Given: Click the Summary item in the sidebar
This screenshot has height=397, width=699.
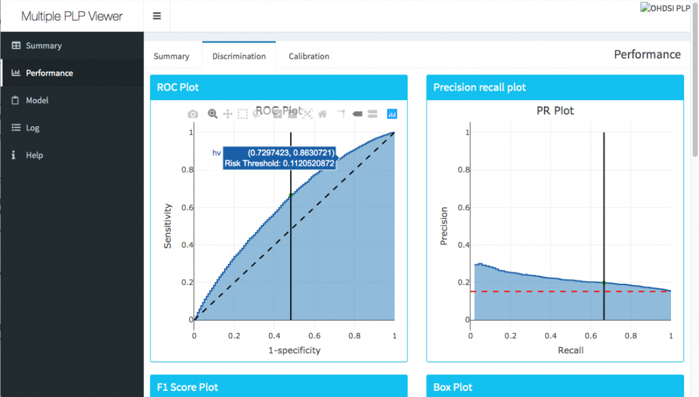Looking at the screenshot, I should [43, 46].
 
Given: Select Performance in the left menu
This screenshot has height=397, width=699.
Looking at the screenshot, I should [48, 73].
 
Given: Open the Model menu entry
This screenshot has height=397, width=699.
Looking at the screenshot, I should [37, 100].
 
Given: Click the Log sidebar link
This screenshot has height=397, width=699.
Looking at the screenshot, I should [32, 128].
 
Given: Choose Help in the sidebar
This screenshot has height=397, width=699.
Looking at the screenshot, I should [34, 155].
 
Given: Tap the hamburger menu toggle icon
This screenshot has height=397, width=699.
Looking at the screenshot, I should [157, 16].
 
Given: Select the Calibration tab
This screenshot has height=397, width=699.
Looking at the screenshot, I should [309, 56].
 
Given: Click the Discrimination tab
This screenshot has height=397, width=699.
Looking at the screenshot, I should [239, 56].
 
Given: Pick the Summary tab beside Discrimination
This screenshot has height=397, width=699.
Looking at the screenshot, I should [171, 56].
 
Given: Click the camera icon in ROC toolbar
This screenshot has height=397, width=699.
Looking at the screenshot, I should [193, 114].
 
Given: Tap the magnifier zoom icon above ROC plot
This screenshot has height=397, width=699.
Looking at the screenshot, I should [212, 114].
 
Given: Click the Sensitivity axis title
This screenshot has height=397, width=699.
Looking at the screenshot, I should [167, 226].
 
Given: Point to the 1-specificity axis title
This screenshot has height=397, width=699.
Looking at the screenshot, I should [294, 350].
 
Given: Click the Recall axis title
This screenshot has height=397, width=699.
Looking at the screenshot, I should [570, 350].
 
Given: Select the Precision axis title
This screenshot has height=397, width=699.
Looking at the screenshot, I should [444, 226].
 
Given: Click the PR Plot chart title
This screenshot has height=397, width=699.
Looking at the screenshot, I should [555, 111].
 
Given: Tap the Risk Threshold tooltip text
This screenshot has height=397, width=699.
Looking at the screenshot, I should [279, 163].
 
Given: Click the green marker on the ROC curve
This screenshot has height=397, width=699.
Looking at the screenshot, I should [291, 195].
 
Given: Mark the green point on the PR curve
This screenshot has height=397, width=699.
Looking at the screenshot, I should [604, 282].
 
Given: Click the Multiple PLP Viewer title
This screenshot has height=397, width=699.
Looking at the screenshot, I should [72, 16].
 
